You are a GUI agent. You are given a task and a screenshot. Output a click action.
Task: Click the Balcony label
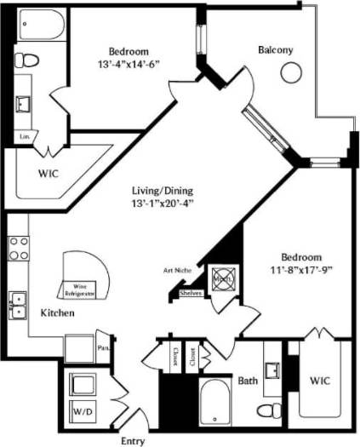[x=275, y=50]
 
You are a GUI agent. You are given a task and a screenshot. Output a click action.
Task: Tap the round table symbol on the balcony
[x=291, y=74]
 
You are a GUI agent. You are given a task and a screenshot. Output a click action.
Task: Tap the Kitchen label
[x=58, y=313]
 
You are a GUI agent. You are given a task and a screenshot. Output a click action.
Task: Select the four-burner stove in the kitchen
[x=18, y=248]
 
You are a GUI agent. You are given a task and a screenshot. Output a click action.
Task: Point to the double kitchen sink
[x=17, y=305]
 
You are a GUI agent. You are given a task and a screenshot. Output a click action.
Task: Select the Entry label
[x=132, y=439]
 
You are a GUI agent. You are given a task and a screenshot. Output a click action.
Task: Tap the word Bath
[x=248, y=381]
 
